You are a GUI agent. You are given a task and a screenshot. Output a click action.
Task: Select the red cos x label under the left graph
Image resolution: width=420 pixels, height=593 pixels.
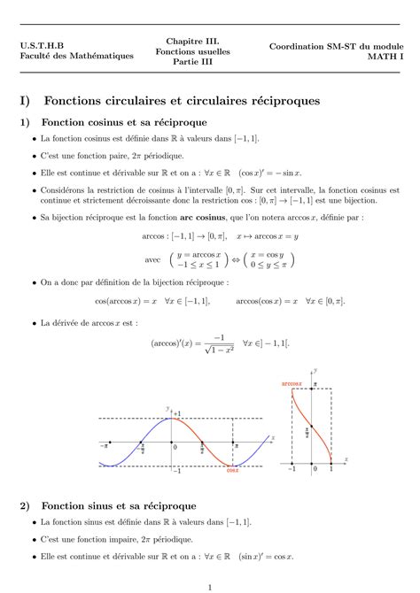(233, 471)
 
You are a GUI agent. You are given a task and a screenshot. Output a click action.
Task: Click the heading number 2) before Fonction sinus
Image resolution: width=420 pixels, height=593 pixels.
(25, 505)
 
